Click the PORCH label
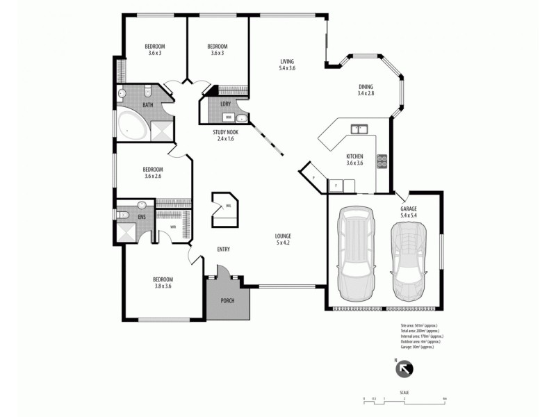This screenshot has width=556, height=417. pos(227,300)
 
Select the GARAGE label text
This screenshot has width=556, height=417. pos(409,208)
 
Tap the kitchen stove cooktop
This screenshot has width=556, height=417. pos(382,161)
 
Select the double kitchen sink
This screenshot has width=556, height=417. pos(359,129)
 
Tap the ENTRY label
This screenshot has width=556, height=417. pos(223,250)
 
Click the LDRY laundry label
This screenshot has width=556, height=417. pos(225,104)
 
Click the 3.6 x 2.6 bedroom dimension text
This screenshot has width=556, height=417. pos(153,177)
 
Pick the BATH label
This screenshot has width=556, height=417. pos(148,105)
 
